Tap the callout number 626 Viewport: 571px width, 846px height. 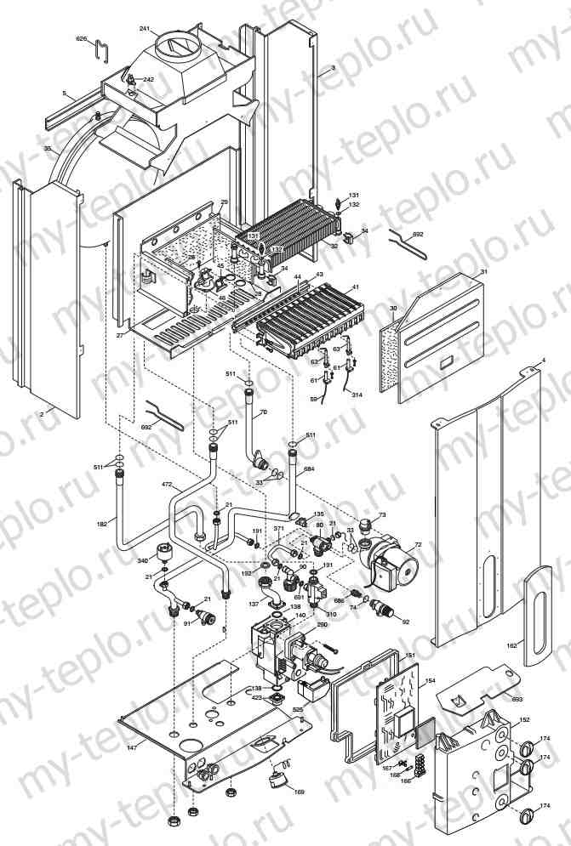pos(81,39)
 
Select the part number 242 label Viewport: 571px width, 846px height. pos(149,79)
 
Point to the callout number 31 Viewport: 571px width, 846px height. pos(483,271)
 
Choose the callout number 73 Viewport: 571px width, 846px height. pos(382,515)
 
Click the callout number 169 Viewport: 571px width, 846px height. pos(299,792)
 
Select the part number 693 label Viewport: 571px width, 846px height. pos(517,699)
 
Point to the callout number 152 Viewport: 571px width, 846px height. pos(525,719)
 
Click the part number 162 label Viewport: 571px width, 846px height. pos(511,646)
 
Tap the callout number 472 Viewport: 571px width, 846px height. pos(168,484)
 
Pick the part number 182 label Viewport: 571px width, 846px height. pos(102,524)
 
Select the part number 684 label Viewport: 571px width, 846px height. pos(309,468)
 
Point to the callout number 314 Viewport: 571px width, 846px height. pos(356,396)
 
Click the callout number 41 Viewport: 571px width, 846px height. pos(356,287)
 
